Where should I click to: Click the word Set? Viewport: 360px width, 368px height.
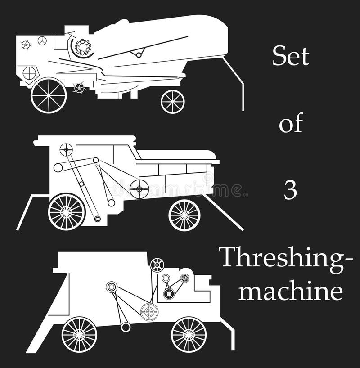[291, 56]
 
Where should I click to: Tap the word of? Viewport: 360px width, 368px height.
[291, 123]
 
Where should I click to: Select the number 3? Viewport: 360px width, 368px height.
[290, 191]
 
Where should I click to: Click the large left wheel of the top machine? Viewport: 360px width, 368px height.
[49, 95]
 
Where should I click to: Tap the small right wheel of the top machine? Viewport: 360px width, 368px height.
[173, 101]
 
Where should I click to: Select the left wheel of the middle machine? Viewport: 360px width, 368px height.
[67, 211]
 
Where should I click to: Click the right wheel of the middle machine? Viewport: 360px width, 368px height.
[184, 215]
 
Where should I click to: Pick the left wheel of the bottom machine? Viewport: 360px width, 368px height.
[79, 334]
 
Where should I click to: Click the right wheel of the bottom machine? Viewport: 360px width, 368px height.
[189, 334]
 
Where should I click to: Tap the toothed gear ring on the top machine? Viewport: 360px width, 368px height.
[83, 47]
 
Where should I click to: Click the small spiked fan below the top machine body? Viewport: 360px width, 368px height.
[79, 88]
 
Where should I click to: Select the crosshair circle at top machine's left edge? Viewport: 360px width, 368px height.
[29, 73]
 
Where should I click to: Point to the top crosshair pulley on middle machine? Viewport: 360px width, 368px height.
[66, 149]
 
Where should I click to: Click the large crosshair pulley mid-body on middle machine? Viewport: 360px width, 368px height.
[139, 188]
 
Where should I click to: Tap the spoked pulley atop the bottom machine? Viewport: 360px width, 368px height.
[157, 265]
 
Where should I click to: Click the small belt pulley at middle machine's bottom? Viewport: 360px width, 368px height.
[97, 219]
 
